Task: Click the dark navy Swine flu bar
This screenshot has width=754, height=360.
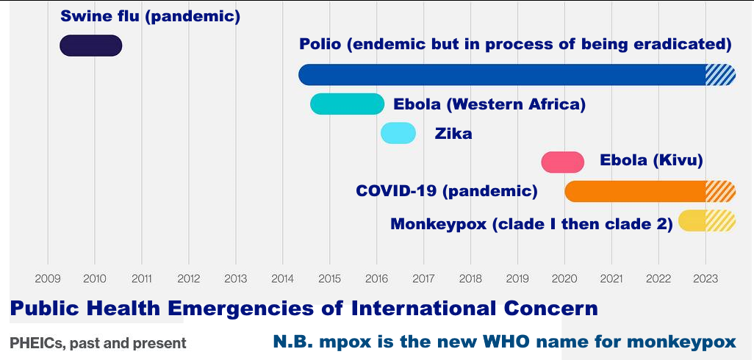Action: (x=91, y=46)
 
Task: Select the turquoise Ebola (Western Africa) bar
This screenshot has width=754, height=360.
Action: (x=347, y=104)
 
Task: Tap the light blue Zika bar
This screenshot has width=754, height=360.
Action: (x=398, y=133)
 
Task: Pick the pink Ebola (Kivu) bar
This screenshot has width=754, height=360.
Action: (x=563, y=162)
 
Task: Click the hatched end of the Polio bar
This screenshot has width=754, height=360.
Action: (x=720, y=74)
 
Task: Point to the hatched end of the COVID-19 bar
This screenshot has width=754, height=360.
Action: (x=720, y=191)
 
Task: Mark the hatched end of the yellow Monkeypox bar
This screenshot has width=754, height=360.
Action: (x=720, y=220)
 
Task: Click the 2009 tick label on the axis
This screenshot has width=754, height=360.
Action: (x=48, y=278)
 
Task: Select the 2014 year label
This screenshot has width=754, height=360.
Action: (x=282, y=278)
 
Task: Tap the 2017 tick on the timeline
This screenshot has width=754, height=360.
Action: (x=423, y=278)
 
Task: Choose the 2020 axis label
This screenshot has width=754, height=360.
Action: (x=564, y=278)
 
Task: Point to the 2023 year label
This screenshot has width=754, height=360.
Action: (x=705, y=278)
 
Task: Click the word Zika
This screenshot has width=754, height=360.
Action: (x=453, y=134)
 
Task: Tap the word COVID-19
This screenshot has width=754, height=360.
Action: (x=396, y=191)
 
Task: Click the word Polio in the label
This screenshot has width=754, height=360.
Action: (x=320, y=44)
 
